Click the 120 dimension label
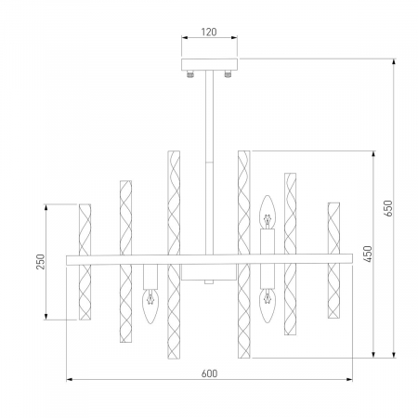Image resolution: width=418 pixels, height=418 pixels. [209, 32]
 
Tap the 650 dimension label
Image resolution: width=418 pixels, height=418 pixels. [389, 208]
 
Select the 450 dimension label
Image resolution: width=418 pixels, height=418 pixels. [368, 254]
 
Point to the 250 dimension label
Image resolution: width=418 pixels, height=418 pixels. [41, 262]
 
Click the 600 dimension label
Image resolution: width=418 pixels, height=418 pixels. [209, 373]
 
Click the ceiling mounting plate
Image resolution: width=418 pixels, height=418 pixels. [209, 64]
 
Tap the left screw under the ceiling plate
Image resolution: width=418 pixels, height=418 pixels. [190, 74]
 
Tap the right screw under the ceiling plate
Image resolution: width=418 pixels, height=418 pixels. [228, 74]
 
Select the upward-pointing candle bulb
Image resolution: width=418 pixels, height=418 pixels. [268, 212]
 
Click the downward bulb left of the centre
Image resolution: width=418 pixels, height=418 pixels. [150, 307]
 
